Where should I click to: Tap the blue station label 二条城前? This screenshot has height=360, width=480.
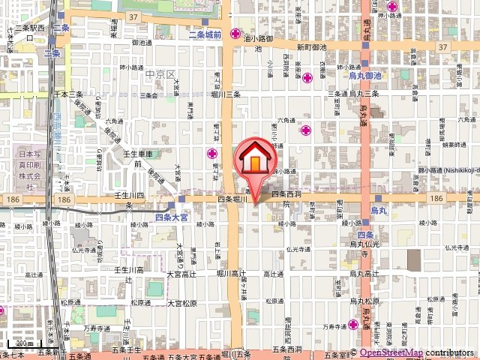pos(205,35)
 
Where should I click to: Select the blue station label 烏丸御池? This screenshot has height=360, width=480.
pos(365,76)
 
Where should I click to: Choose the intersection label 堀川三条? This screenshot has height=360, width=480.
pos(224,94)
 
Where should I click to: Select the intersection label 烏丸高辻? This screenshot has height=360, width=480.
pos(365,274)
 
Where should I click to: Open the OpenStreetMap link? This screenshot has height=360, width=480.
pos(391,352)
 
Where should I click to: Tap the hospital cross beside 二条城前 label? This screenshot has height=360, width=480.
pos(235,34)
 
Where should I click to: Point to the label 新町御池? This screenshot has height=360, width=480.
pos(311,46)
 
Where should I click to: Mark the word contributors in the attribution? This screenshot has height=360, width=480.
pos(451,352)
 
